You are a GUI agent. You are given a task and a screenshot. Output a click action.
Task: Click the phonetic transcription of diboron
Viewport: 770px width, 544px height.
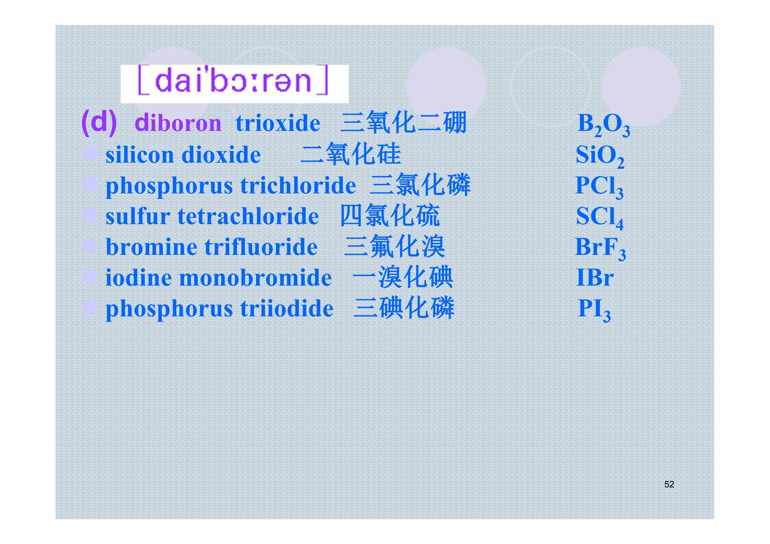[x=233, y=80]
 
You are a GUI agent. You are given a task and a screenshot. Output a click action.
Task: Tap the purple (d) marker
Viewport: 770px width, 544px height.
[x=99, y=122]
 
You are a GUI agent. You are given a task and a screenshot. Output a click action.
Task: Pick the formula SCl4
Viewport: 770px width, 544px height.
[x=600, y=217]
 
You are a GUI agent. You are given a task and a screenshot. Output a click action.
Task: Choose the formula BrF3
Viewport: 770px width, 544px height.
[x=600, y=248]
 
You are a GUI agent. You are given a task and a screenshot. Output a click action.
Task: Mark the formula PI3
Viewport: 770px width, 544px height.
[x=594, y=310]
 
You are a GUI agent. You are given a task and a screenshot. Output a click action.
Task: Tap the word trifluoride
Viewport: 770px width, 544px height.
[x=261, y=247]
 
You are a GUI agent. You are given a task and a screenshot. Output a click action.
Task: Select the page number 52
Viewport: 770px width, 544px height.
[x=669, y=484]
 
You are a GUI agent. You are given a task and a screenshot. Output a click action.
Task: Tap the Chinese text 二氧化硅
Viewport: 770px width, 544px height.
[x=351, y=154]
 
